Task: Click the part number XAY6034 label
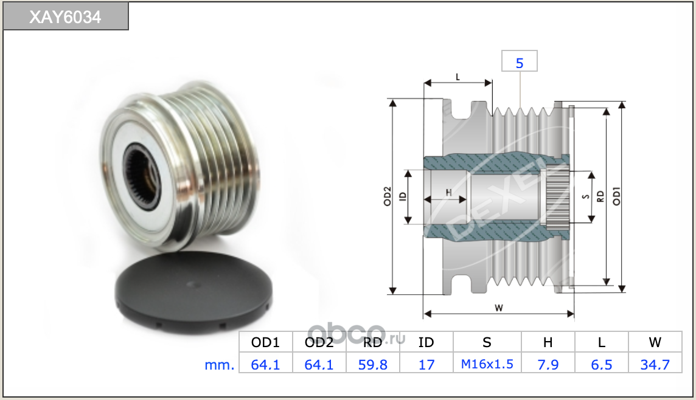65,17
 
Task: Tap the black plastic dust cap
193,292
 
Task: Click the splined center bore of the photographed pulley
142,177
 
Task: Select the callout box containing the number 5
520,61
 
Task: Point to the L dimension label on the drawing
458,77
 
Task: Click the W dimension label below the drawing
499,308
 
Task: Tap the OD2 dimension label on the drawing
388,196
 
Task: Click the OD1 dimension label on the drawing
616,196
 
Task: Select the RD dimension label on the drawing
600,196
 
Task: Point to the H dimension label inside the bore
449,193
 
